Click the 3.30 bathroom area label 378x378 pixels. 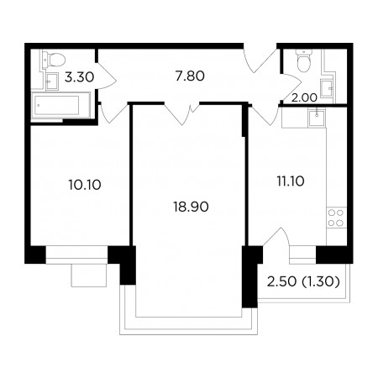click(79, 77)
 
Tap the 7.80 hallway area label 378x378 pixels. click(190, 76)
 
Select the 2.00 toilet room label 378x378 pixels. click(304, 97)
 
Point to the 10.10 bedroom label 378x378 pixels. click(85, 185)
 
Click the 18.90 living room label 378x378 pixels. click(191, 207)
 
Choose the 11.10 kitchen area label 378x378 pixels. click(291, 181)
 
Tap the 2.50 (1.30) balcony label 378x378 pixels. click(303, 281)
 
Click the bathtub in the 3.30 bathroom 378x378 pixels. click(60, 105)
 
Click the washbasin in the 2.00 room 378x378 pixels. click(327, 88)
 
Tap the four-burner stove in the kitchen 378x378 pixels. click(336, 218)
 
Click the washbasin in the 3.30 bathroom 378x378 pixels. click(52, 81)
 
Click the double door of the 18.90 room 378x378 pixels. click(181, 114)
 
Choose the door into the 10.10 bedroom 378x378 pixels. click(113, 113)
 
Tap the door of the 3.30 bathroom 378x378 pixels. click(107, 76)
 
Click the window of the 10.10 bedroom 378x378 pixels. click(76, 255)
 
